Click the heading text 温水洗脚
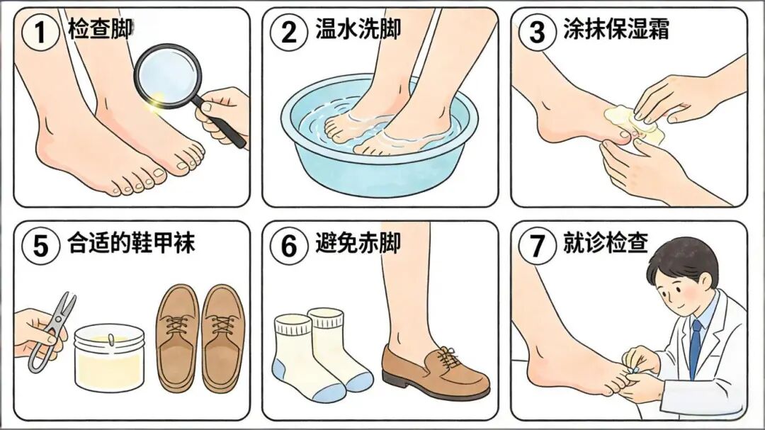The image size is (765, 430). point(358,30)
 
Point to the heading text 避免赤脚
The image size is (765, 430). point(358,244)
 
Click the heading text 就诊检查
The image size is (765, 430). point(605,244)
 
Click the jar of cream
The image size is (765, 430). point(109,358)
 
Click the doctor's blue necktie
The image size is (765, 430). point(695,347)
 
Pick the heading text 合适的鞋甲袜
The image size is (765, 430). point(131,244)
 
